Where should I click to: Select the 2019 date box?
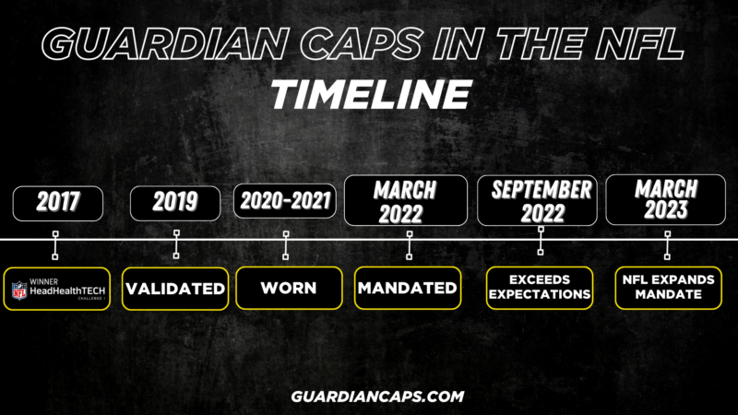(x=175, y=203)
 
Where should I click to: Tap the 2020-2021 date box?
(x=285, y=202)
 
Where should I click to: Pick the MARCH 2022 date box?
(x=405, y=201)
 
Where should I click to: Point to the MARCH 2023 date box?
(x=666, y=200)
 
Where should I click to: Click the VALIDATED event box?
(x=175, y=289)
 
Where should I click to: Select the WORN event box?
(x=289, y=289)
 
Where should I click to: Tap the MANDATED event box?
(x=407, y=288)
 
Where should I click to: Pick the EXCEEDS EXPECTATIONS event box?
(x=540, y=288)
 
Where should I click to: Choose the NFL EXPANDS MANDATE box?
(x=667, y=288)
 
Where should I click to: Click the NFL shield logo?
(x=20, y=290)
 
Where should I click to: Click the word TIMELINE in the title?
(x=369, y=92)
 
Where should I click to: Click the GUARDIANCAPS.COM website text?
(x=369, y=395)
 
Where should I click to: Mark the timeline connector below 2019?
(x=175, y=244)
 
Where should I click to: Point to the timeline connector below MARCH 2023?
(x=667, y=244)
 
